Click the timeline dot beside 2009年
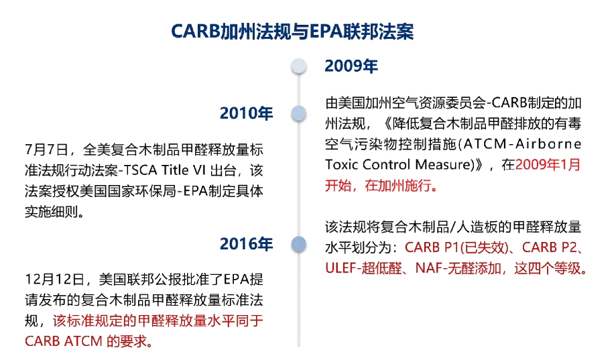tap(299, 66)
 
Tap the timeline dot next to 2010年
tap(299, 113)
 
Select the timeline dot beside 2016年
tap(299, 244)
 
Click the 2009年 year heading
tap(351, 66)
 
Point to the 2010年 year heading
tap(247, 113)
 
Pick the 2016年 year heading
tap(247, 244)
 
